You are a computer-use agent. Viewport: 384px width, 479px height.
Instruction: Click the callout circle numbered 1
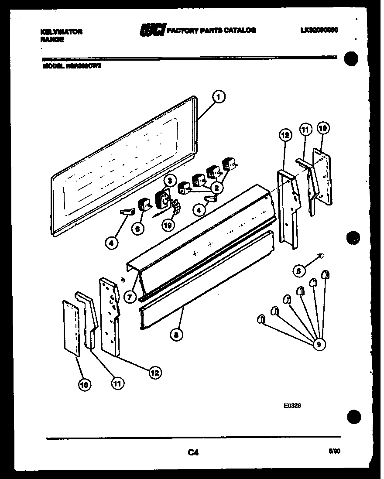click(219, 97)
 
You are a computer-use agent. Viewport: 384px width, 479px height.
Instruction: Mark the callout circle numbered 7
click(130, 297)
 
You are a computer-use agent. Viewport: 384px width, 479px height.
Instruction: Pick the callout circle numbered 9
click(319, 345)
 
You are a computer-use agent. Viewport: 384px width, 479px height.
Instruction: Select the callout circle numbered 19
click(166, 225)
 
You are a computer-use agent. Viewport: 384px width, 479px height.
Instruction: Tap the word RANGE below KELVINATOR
click(52, 39)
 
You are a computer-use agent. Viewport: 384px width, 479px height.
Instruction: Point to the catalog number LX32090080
click(319, 30)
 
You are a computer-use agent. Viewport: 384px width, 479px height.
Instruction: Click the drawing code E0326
click(292, 405)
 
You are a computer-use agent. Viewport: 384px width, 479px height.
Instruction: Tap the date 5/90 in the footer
click(334, 452)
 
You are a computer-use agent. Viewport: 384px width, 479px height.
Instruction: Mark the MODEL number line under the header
click(72, 67)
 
